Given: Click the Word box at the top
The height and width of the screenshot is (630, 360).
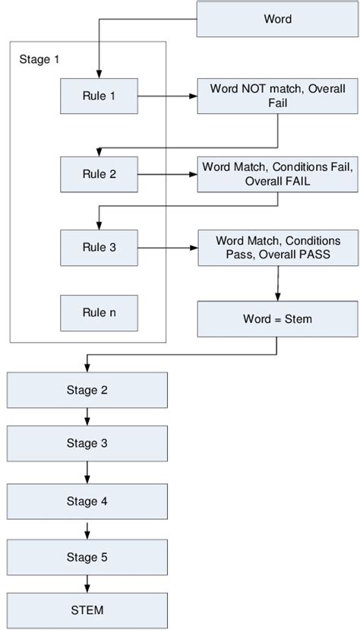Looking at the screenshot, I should [277, 19].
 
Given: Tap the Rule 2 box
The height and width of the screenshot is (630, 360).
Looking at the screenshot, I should [99, 174].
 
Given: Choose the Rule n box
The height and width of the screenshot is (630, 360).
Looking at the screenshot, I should [99, 312].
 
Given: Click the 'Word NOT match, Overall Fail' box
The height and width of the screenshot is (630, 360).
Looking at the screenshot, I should [277, 96].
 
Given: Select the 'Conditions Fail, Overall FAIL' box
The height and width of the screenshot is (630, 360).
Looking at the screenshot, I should [277, 173].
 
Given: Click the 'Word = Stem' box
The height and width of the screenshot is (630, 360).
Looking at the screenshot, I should [277, 319].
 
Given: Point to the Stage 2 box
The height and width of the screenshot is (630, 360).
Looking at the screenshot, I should [87, 391].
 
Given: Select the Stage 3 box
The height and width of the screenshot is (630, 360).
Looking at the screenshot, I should [87, 443].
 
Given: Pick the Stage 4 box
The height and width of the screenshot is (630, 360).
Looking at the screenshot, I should [87, 501].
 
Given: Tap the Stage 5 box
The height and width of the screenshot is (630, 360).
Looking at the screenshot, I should [87, 557].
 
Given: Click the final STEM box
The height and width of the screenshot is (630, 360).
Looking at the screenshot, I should [87, 609].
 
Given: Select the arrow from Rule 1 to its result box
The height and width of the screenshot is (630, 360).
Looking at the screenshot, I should [167, 97].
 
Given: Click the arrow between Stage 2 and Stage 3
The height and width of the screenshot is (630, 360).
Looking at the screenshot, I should [88, 417].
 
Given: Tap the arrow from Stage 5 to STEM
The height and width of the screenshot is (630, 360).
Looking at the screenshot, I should [88, 583].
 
